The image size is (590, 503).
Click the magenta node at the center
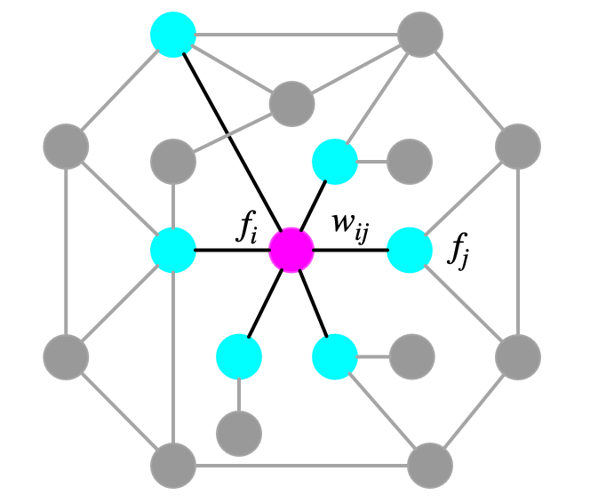291,250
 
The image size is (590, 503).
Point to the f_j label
458,254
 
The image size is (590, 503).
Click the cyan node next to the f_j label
410,250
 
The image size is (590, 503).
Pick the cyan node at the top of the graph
172,36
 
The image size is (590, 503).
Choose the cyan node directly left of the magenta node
172,250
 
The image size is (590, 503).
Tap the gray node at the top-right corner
419,36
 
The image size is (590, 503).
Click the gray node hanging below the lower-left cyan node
239,433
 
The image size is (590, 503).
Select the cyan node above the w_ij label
335,162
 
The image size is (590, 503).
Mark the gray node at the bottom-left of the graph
172,465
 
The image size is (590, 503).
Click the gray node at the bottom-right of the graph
430,465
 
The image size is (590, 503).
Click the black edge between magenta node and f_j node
351,250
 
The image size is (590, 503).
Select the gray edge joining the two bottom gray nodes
301,465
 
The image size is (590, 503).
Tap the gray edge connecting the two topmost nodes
296,36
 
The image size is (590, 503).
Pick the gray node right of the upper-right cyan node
410,162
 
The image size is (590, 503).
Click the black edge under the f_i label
232,250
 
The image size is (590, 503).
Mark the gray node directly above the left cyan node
172,162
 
